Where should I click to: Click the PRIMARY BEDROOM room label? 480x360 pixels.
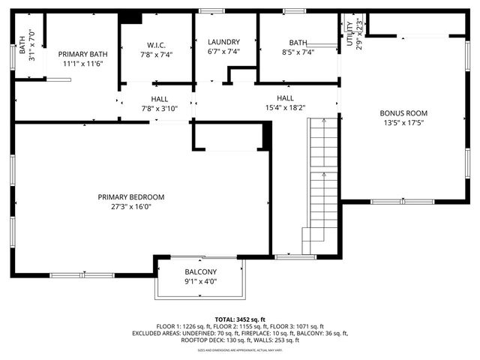[130, 197]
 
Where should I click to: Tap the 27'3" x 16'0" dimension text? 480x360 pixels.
[130, 207]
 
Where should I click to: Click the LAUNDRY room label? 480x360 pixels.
[223, 42]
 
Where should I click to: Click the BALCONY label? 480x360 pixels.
[200, 272]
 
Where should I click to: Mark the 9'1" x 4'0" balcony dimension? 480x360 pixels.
[200, 282]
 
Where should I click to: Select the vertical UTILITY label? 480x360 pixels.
[349, 34]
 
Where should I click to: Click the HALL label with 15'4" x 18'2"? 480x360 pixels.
[285, 98]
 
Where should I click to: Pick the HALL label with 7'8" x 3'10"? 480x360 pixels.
[159, 98]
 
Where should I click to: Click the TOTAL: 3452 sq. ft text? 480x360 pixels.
[239, 319]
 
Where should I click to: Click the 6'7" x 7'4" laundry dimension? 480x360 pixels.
[223, 52]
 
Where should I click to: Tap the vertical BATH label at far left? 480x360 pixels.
[22, 46]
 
